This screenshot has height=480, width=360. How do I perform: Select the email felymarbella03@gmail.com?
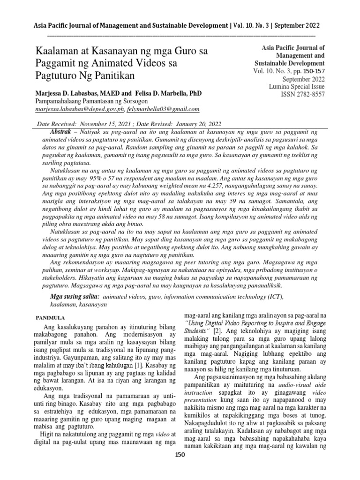163,109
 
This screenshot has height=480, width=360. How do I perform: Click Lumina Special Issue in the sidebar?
289,86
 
